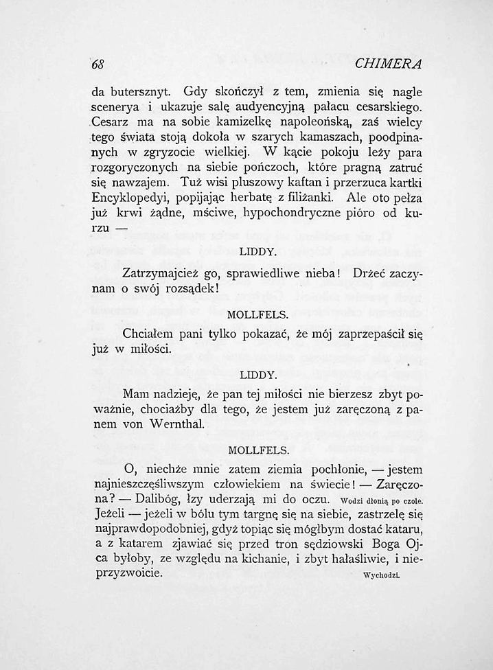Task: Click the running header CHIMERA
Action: pyautogui.click(x=388, y=65)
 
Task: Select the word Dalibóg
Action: pyautogui.click(x=159, y=500)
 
